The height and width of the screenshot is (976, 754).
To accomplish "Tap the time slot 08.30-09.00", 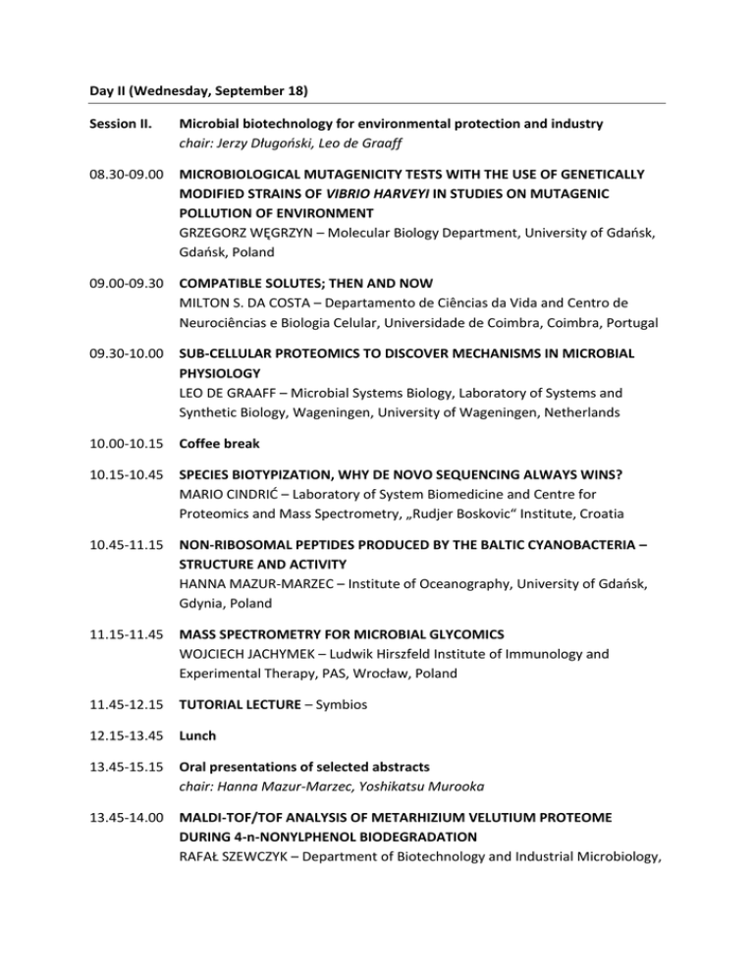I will [125, 175].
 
